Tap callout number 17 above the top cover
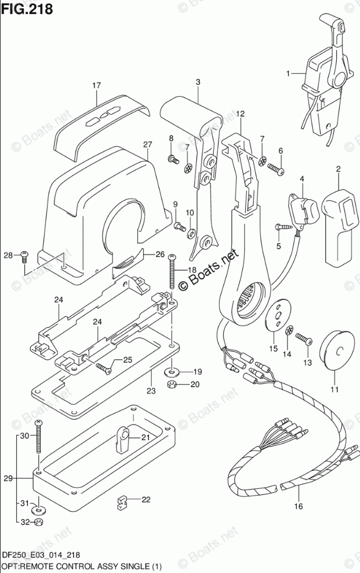coord(96,85)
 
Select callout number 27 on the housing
coord(148,144)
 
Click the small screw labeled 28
coord(24,254)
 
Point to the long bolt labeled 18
coord(172,273)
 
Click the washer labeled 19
coord(172,371)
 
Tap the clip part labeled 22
coord(121,499)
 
